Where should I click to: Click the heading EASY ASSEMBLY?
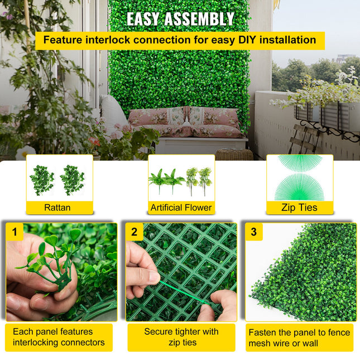pyautogui.click(x=180, y=19)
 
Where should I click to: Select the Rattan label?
pyautogui.click(x=57, y=208)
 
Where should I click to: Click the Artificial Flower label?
pyautogui.click(x=181, y=208)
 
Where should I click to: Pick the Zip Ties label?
pyautogui.click(x=300, y=208)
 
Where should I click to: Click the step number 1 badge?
pyautogui.click(x=15, y=232)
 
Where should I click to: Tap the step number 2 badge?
pyautogui.click(x=134, y=232)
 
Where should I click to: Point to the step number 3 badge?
pyautogui.click(x=254, y=232)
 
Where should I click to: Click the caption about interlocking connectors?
pyautogui.click(x=59, y=337)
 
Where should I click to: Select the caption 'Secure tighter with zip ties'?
pyautogui.click(x=181, y=337)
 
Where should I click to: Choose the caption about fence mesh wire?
pyautogui.click(x=299, y=338)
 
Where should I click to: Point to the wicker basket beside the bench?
pyautogui.click(x=234, y=155)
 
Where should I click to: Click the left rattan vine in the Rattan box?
pyautogui.click(x=42, y=180)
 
